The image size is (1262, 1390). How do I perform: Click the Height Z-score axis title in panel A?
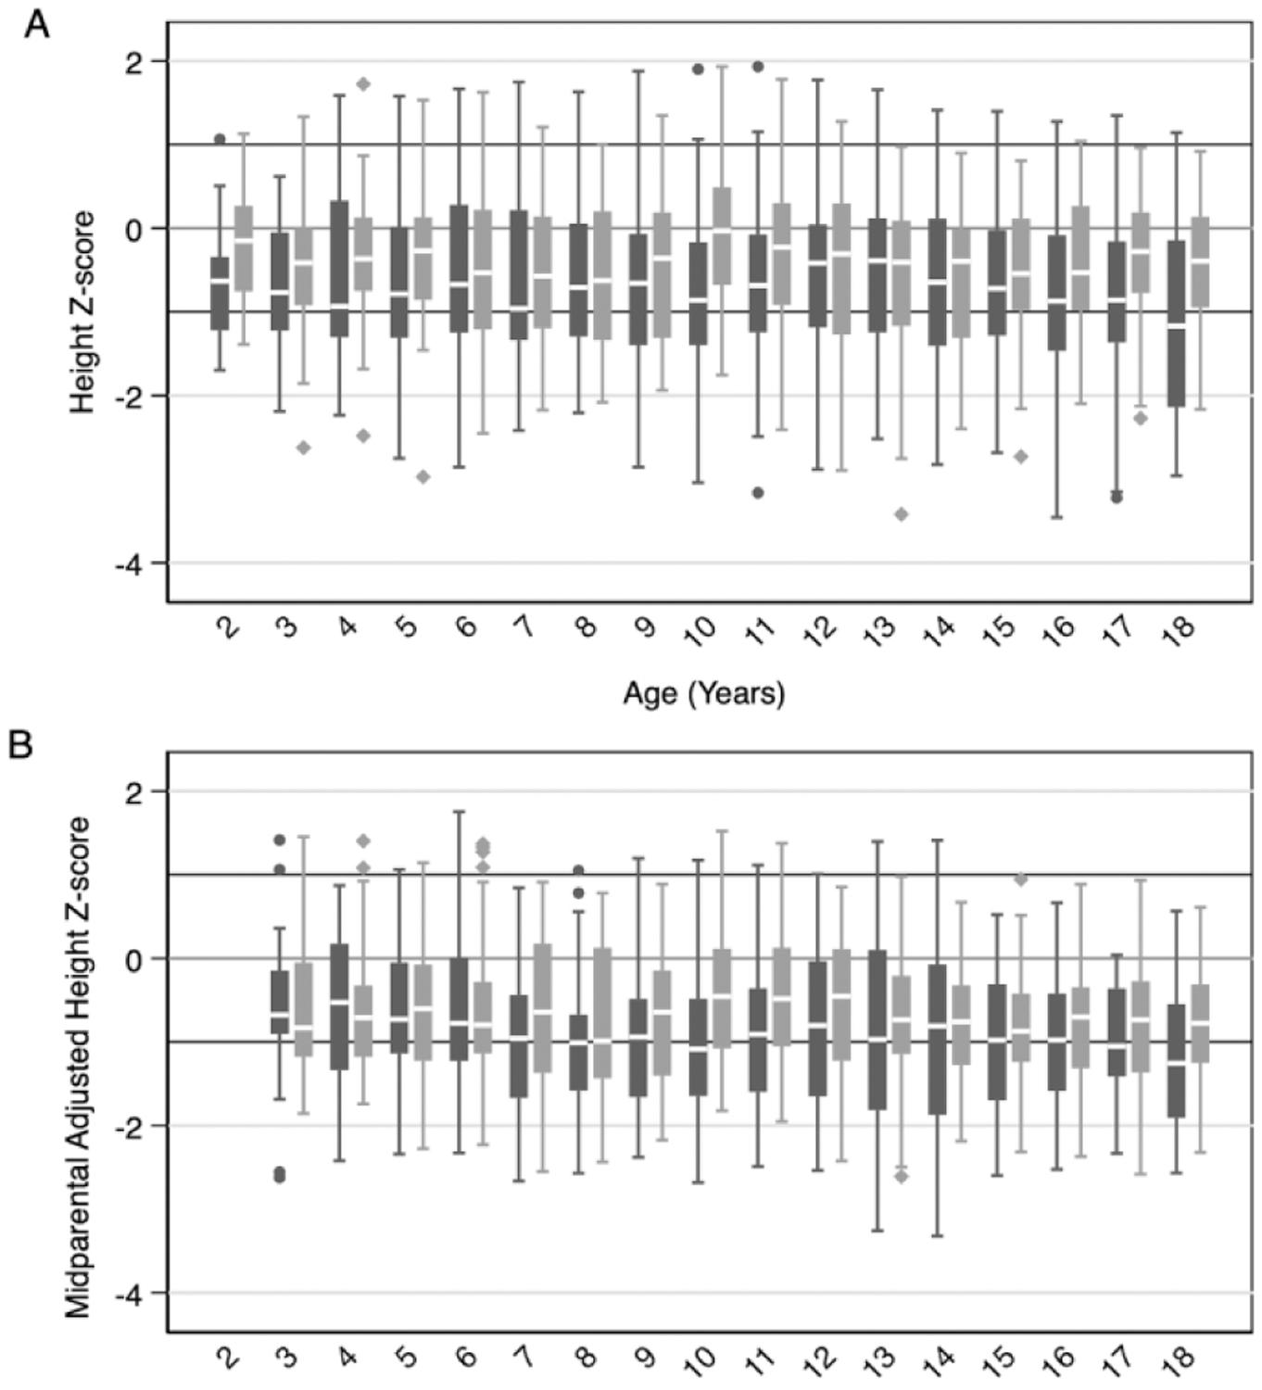pyautogui.click(x=83, y=312)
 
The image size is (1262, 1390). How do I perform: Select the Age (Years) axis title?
pyautogui.click(x=703, y=692)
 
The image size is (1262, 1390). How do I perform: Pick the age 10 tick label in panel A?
pyautogui.click(x=701, y=629)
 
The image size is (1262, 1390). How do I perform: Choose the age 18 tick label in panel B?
pyautogui.click(x=1180, y=1359)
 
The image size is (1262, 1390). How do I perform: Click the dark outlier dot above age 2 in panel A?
pyautogui.click(x=220, y=139)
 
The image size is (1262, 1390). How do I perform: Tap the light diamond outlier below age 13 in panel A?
pyautogui.click(x=902, y=514)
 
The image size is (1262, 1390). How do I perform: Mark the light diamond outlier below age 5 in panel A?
pyautogui.click(x=423, y=476)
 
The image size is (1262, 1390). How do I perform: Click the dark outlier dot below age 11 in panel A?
pyautogui.click(x=758, y=493)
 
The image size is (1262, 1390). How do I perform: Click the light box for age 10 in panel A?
pyautogui.click(x=722, y=235)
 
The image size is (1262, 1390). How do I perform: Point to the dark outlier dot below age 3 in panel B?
pyautogui.click(x=280, y=1175)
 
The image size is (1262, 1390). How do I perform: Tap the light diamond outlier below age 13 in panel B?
pyautogui.click(x=902, y=1177)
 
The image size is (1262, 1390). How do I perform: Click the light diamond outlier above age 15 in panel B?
pyautogui.click(x=1021, y=879)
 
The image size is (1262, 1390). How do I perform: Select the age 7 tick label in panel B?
pyautogui.click(x=524, y=1359)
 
